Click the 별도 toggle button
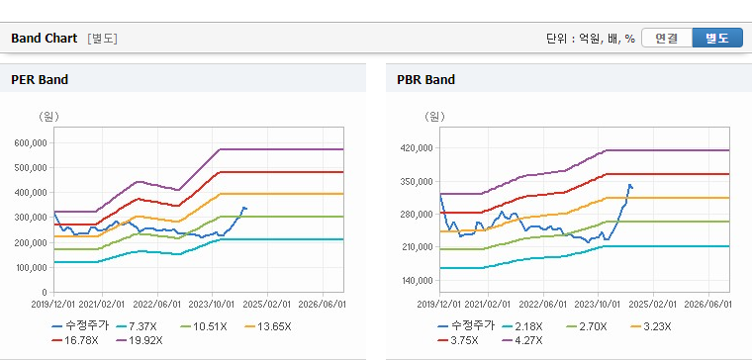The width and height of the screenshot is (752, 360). click(x=717, y=39)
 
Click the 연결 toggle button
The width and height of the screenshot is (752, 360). click(x=667, y=39)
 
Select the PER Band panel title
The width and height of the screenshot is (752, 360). click(x=40, y=79)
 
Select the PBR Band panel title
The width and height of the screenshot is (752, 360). click(x=425, y=79)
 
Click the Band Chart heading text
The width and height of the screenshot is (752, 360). click(x=45, y=39)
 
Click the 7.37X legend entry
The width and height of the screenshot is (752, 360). click(x=137, y=327)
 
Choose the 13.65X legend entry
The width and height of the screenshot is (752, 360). click(x=267, y=327)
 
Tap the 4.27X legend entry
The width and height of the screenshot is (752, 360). click(x=521, y=341)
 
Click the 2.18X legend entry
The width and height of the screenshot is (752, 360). click(x=521, y=327)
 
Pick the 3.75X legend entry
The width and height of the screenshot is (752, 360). click(x=457, y=341)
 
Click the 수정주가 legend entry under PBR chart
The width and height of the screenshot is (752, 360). click(x=466, y=327)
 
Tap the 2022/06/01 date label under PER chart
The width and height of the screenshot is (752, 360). click(x=157, y=305)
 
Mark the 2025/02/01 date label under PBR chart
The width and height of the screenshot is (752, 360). click(x=653, y=305)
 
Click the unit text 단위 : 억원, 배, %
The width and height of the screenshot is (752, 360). click(x=591, y=39)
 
